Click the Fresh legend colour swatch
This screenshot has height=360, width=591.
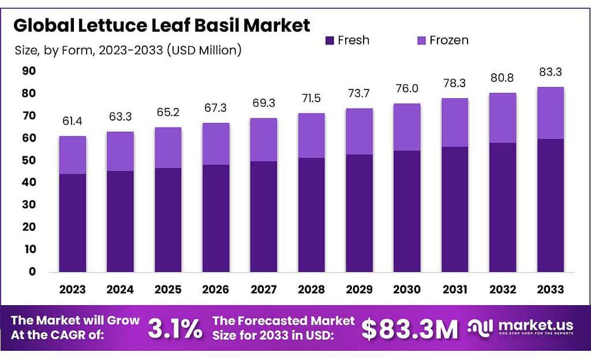330,40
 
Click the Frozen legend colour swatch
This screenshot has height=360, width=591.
421,40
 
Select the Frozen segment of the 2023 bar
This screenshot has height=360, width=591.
72,155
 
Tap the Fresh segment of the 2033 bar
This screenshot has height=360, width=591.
550,205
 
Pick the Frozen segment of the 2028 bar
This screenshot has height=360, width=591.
311,136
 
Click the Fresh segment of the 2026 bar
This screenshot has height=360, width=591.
215,218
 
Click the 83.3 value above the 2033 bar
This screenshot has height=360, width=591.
550,73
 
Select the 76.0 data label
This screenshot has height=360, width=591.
407,89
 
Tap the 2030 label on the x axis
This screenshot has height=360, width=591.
407,289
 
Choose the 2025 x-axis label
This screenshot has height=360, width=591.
167,289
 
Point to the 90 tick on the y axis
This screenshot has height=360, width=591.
28,71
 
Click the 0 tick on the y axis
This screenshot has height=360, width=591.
32,272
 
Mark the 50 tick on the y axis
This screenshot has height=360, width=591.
28,160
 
